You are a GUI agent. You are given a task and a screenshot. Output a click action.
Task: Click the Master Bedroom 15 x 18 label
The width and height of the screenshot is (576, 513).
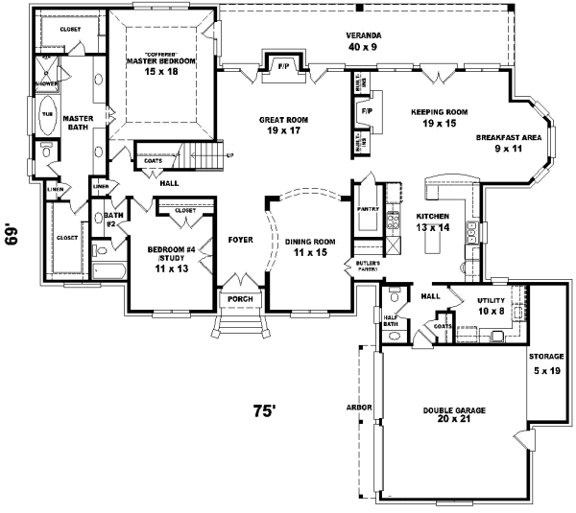[161, 65]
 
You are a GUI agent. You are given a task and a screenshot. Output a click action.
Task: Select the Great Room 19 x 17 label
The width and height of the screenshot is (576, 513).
[281, 125]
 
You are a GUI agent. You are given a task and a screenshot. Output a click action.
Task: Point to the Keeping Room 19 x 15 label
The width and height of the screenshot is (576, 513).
[439, 117]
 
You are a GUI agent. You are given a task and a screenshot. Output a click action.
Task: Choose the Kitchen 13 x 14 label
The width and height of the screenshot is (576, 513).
[432, 222]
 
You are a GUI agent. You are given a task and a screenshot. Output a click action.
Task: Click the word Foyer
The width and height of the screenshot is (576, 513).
[240, 239]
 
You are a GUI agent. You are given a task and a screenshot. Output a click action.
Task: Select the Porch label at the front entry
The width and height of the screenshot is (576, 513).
[238, 298]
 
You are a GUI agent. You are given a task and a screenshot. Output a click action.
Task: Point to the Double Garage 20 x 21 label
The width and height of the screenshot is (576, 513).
[454, 414]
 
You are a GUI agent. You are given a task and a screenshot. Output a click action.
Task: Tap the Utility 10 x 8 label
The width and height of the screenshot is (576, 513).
[491, 306]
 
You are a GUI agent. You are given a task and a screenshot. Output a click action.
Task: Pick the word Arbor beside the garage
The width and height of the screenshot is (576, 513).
[358, 408]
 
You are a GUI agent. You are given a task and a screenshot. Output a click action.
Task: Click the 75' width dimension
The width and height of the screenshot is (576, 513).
[264, 410]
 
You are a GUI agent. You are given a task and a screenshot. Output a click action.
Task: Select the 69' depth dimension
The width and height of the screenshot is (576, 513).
[12, 234]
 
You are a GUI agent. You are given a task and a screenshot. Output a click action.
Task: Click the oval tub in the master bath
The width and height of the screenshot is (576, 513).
[46, 117]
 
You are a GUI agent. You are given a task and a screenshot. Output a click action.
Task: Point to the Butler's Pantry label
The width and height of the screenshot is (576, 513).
[368, 266]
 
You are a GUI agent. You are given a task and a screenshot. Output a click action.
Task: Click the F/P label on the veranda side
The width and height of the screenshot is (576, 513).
[284, 67]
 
